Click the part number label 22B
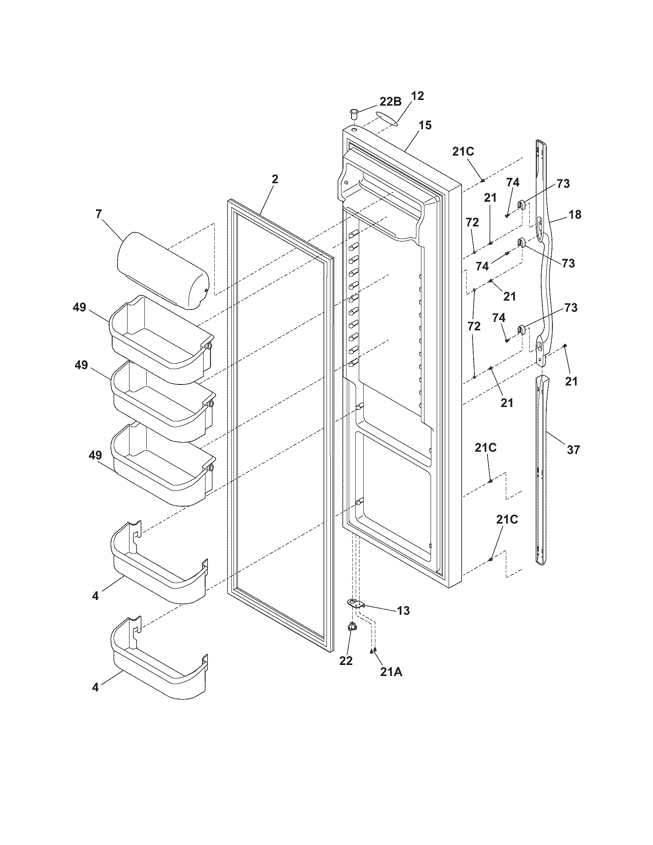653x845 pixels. point(390,102)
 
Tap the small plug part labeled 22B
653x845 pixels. point(353,114)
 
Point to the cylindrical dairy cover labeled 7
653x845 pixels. point(163,269)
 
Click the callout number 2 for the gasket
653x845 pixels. point(275,179)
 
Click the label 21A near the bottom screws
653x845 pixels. point(391,673)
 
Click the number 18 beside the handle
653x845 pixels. point(575,214)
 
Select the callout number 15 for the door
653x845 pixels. point(424,125)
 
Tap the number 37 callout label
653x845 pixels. point(573,450)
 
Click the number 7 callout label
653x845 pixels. point(99,214)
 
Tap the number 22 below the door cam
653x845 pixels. point(346,661)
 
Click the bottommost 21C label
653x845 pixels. point(507,520)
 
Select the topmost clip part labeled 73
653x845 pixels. point(521,204)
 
